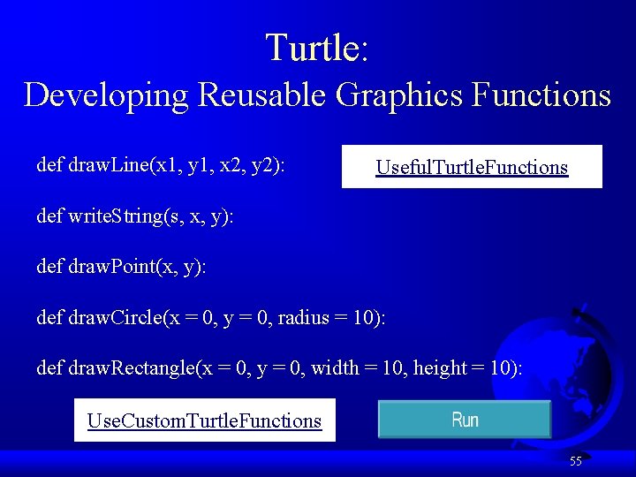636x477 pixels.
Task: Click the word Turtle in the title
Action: coord(313,48)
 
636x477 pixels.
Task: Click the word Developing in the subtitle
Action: coord(106,95)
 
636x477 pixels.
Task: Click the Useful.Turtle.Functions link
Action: coord(472,167)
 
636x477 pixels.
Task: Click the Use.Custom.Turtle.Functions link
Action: coord(204,420)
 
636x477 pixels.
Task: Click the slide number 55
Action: coord(575,461)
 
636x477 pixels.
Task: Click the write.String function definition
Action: coord(135,216)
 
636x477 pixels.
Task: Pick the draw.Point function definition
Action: coord(121,266)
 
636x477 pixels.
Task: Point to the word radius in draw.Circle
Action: coord(303,317)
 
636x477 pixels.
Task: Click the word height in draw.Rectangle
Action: coord(438,367)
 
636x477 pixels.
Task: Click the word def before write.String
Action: coord(49,216)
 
